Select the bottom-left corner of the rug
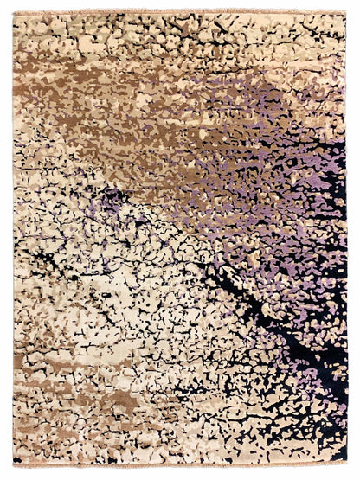click(13, 464)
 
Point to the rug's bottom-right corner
click(347, 464)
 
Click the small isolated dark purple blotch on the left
click(110, 199)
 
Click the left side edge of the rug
click(14, 242)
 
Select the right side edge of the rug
click(346, 242)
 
